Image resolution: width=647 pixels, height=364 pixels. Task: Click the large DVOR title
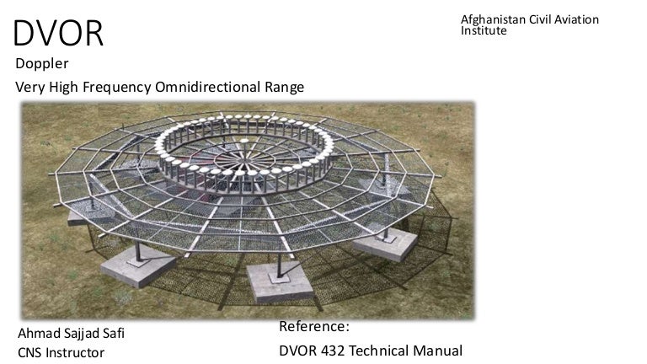pos(59,32)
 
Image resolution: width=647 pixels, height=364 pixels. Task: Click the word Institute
pos(484,31)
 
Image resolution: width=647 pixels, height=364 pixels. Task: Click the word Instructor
pos(78,352)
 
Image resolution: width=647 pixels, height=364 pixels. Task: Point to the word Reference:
pos(314,327)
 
